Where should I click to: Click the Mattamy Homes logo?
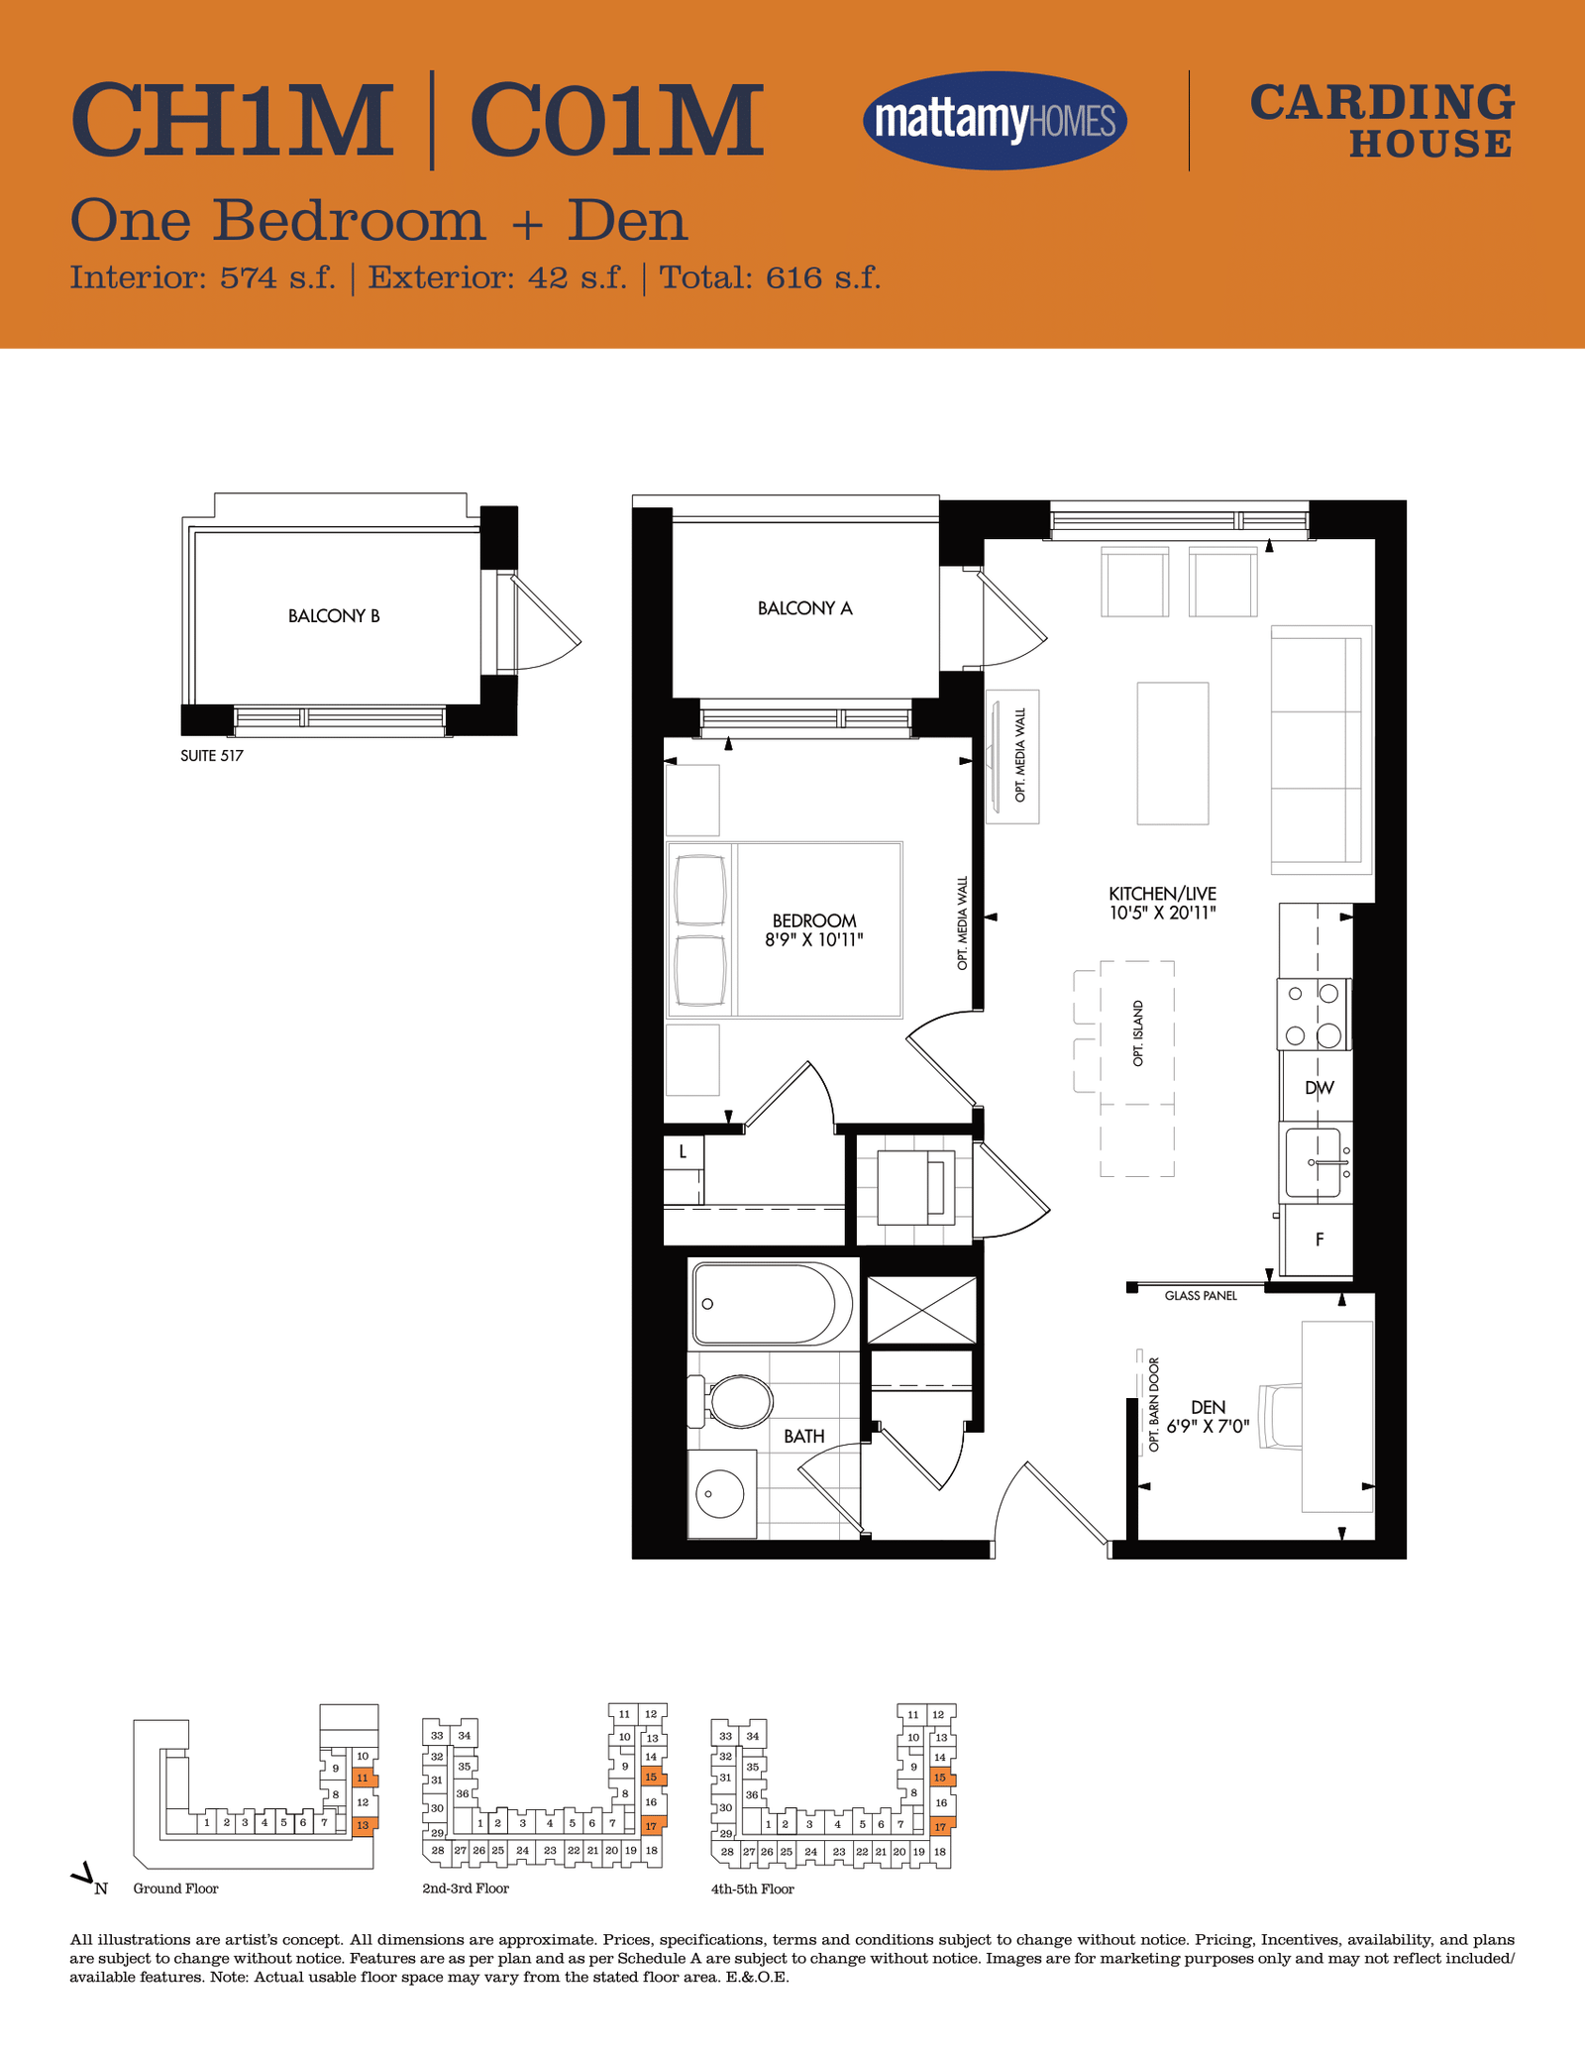[x=995, y=121]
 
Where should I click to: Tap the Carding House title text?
[x=1382, y=121]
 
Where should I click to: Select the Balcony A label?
[x=804, y=608]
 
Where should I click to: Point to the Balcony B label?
[x=334, y=616]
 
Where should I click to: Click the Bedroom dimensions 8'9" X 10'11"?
[x=814, y=939]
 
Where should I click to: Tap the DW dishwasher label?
[x=1320, y=1088]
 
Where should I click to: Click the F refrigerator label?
[x=1320, y=1240]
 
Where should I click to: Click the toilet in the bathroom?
[x=732, y=1401]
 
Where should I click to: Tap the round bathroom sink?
[x=720, y=1494]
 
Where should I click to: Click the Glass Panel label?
[x=1201, y=1296]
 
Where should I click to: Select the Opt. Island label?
[x=1138, y=1033]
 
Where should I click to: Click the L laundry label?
[x=683, y=1152]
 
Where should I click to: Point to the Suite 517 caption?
[x=212, y=756]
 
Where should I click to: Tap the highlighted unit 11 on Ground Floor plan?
[x=363, y=1779]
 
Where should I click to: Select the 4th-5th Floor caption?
[x=753, y=1890]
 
